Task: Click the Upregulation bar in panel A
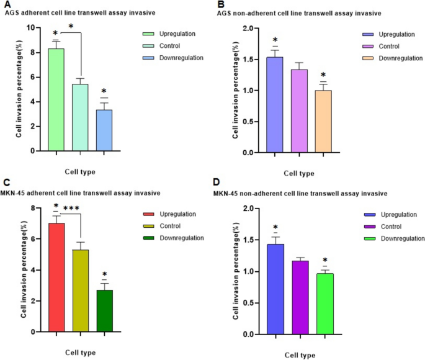tap(56, 99)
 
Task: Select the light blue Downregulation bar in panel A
tap(104, 130)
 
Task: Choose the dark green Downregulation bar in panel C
tap(104, 311)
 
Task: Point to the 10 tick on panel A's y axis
tap(37, 28)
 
